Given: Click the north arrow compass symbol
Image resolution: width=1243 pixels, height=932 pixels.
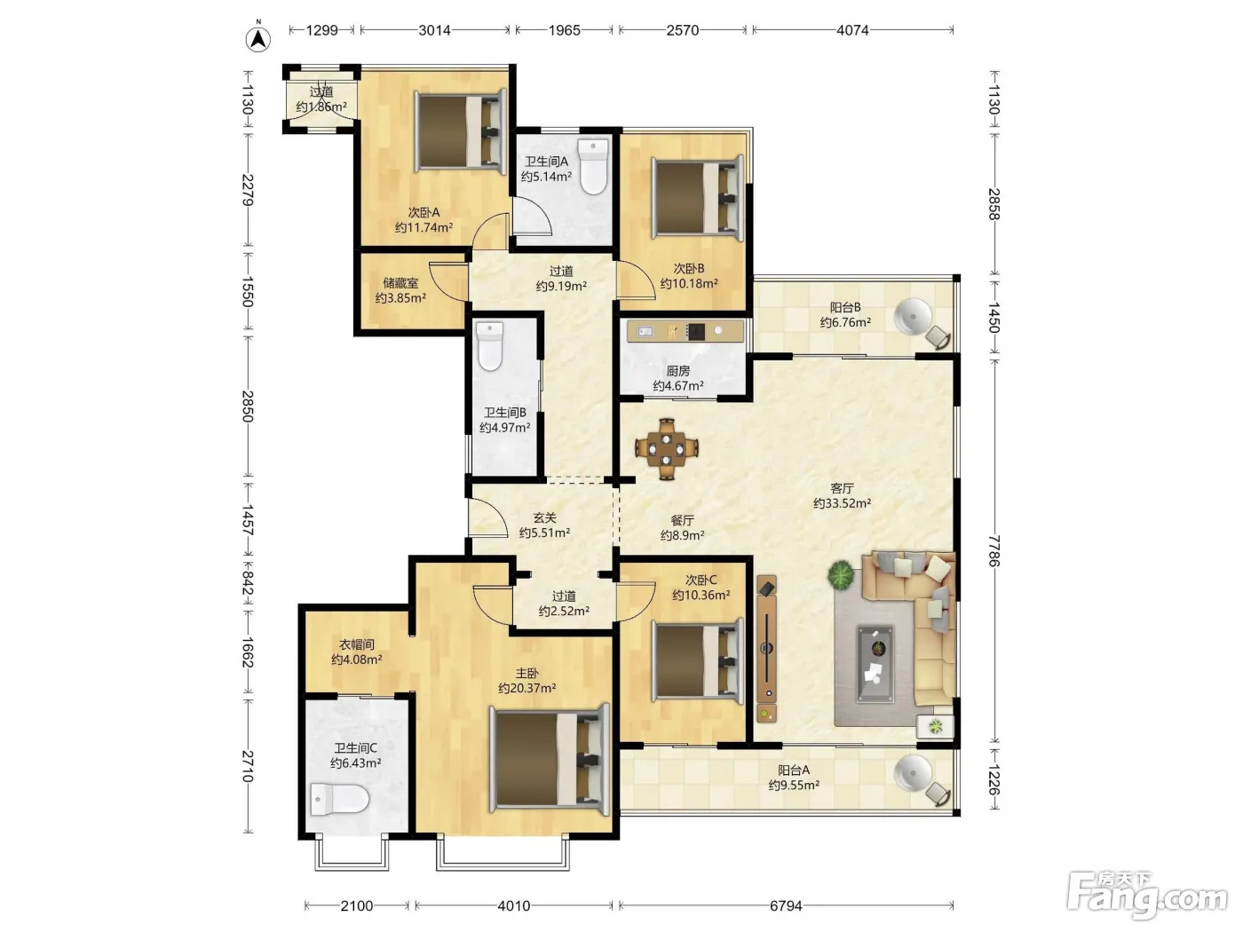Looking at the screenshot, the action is click(x=258, y=38).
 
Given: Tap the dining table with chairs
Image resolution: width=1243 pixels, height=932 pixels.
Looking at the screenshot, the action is click(x=667, y=449).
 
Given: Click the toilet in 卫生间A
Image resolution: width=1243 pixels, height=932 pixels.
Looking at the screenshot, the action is click(x=593, y=166).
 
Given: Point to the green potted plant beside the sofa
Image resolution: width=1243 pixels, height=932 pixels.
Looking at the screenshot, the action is click(x=841, y=575).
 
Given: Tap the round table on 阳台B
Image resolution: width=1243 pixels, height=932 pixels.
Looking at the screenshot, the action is click(x=913, y=316).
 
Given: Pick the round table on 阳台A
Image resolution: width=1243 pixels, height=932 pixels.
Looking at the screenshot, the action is click(x=913, y=773).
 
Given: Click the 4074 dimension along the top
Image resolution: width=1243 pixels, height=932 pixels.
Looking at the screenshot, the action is click(x=852, y=30).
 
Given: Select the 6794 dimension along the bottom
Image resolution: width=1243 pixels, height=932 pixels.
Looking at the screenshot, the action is click(x=786, y=906).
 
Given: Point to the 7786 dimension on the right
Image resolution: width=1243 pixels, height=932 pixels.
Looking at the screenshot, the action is click(x=994, y=551).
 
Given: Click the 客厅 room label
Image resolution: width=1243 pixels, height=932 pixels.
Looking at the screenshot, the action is click(x=842, y=488).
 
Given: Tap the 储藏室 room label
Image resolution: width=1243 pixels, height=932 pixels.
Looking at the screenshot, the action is click(x=400, y=283).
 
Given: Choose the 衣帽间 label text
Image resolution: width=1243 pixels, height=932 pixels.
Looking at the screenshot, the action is click(x=357, y=644).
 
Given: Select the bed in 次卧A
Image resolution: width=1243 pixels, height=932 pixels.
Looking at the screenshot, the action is click(x=461, y=130).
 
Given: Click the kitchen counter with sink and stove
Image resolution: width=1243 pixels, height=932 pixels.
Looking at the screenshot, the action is click(x=685, y=331).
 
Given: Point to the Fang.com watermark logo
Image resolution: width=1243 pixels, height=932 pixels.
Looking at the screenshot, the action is click(x=1146, y=896).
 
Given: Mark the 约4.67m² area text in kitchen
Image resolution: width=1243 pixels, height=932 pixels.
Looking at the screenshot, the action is click(x=678, y=386).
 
